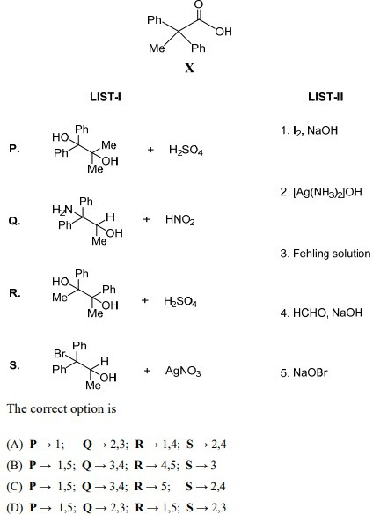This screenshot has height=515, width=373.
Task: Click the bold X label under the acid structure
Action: pyautogui.click(x=189, y=68)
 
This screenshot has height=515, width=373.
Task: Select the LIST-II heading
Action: pyautogui.click(x=325, y=97)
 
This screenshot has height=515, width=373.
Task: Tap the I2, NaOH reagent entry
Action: pyautogui.click(x=309, y=130)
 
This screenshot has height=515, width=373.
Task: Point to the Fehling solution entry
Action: pyautogui.click(x=325, y=254)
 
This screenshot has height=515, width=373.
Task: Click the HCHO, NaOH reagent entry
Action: pyautogui.click(x=321, y=313)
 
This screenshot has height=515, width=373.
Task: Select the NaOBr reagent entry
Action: pyautogui.click(x=304, y=372)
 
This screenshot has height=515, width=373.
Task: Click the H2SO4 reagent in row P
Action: pyautogui.click(x=186, y=151)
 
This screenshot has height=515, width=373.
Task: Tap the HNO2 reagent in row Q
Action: pyautogui.click(x=180, y=220)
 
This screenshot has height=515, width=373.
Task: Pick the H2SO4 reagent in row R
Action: pyautogui.click(x=180, y=301)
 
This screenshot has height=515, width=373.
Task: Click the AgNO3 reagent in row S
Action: pyautogui.click(x=183, y=372)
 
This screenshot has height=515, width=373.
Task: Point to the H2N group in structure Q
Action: pyautogui.click(x=62, y=210)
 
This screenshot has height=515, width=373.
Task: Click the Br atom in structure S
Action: pyautogui.click(x=60, y=354)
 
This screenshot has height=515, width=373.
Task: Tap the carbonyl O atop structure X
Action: pyautogui.click(x=199, y=4)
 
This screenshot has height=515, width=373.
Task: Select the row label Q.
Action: pyautogui.click(x=14, y=221)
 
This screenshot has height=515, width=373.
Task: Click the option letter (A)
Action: pyautogui.click(x=15, y=445)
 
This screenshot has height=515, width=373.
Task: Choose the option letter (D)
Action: pyautogui.click(x=15, y=507)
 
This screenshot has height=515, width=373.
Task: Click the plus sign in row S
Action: pyautogui.click(x=147, y=371)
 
